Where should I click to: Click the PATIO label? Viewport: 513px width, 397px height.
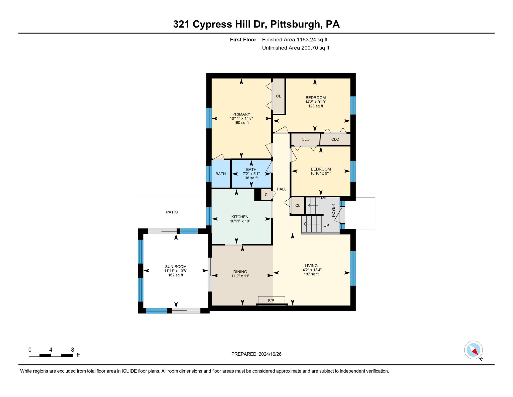click(172, 212)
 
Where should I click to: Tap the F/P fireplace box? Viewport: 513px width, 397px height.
click(271, 300)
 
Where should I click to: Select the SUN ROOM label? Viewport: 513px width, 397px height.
click(176, 267)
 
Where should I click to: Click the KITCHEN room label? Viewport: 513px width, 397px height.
click(240, 217)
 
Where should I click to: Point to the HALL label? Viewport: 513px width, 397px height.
click(282, 189)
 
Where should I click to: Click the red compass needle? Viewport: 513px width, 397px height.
click(475, 352)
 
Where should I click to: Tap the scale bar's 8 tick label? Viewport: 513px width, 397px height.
click(73, 350)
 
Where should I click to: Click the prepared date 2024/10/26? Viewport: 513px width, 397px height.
click(270, 354)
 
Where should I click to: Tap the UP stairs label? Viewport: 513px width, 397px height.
click(326, 225)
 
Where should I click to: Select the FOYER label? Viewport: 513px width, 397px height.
click(333, 210)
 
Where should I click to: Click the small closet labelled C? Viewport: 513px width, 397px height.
click(266, 195)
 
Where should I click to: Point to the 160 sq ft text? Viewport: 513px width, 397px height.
click(241, 123)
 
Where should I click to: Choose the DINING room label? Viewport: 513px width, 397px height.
click(240, 272)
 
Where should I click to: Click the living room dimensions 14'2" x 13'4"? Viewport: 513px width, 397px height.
click(311, 270)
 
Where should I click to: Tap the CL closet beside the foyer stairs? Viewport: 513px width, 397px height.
click(298, 206)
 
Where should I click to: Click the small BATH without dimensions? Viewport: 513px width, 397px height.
click(221, 174)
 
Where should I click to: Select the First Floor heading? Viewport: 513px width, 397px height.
click(243, 40)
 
